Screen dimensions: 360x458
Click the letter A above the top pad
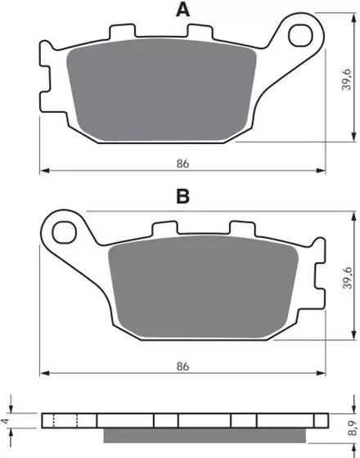pos(183,10)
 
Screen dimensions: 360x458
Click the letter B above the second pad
pos(183,196)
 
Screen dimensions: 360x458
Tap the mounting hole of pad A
pos(300,36)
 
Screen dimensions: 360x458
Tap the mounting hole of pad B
pos(65,232)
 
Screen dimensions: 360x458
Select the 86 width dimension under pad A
pos(182,164)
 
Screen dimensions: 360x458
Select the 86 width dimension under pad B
pos(182,366)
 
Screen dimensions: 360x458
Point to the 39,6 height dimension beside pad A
pos(346,79)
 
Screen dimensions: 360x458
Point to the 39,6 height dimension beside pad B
pos(348,277)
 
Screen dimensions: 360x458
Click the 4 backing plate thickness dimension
pos(5,421)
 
